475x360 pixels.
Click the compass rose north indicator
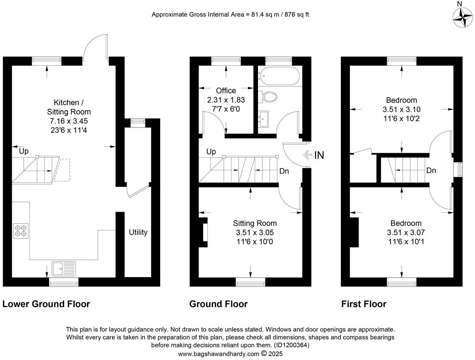coord(462,16)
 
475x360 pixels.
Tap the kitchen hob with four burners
coord(21,231)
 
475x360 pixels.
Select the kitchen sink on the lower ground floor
coord(64,268)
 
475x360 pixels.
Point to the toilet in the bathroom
coord(270,96)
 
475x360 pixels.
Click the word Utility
coord(138,232)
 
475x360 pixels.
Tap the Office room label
coord(226,91)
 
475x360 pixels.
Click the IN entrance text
coord(319,155)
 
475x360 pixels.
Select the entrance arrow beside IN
coord(308,155)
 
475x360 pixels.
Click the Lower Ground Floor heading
coord(46,304)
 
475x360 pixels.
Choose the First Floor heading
coord(364,304)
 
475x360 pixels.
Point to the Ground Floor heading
coord(218,304)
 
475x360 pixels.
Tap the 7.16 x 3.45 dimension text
coord(69,121)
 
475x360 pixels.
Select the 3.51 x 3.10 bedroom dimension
coord(402,109)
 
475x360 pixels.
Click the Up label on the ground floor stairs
coord(211,152)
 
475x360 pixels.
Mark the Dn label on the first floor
coord(431,170)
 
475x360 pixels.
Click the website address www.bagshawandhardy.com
coord(218,354)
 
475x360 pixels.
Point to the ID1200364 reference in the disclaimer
coord(291,345)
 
